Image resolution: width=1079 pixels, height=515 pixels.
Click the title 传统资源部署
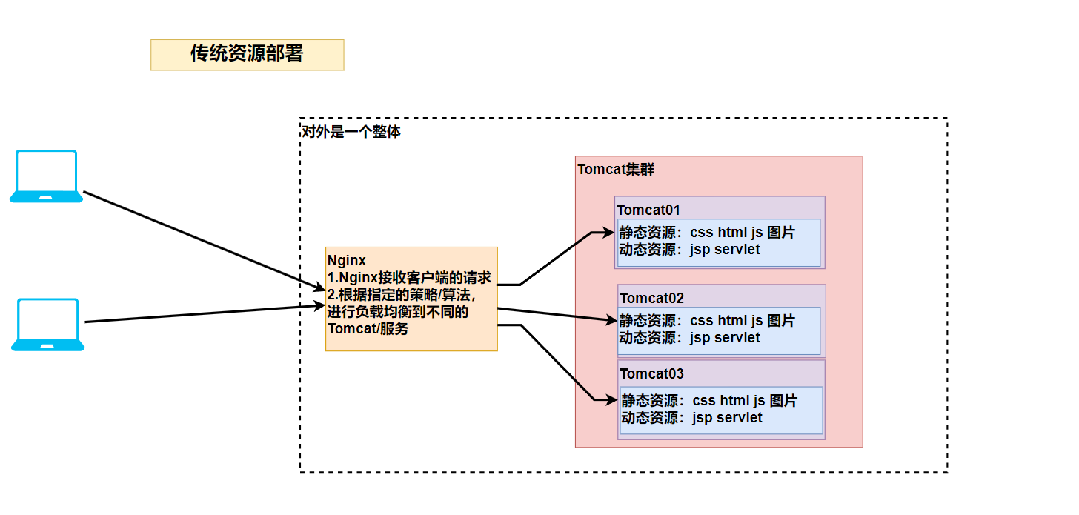click(247, 54)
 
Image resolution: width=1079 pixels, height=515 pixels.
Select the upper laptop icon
click(46, 176)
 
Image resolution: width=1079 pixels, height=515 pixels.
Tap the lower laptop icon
click(47, 325)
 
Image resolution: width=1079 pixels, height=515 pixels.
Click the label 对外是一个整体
click(351, 133)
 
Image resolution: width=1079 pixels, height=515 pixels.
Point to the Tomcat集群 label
click(616, 169)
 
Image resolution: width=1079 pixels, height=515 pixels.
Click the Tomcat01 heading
click(648, 210)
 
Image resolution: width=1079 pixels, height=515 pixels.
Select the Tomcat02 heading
click(651, 298)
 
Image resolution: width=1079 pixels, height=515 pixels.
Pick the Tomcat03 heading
click(651, 373)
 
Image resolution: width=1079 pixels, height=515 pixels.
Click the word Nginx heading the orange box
click(347, 260)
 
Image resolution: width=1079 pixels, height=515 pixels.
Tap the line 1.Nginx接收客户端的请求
click(410, 278)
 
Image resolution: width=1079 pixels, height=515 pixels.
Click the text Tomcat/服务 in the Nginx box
click(368, 329)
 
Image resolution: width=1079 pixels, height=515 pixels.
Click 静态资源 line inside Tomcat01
click(706, 233)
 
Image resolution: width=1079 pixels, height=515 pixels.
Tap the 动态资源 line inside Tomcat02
click(689, 338)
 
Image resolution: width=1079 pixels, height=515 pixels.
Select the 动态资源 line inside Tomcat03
click(691, 418)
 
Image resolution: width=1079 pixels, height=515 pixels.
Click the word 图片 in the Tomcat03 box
click(783, 401)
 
